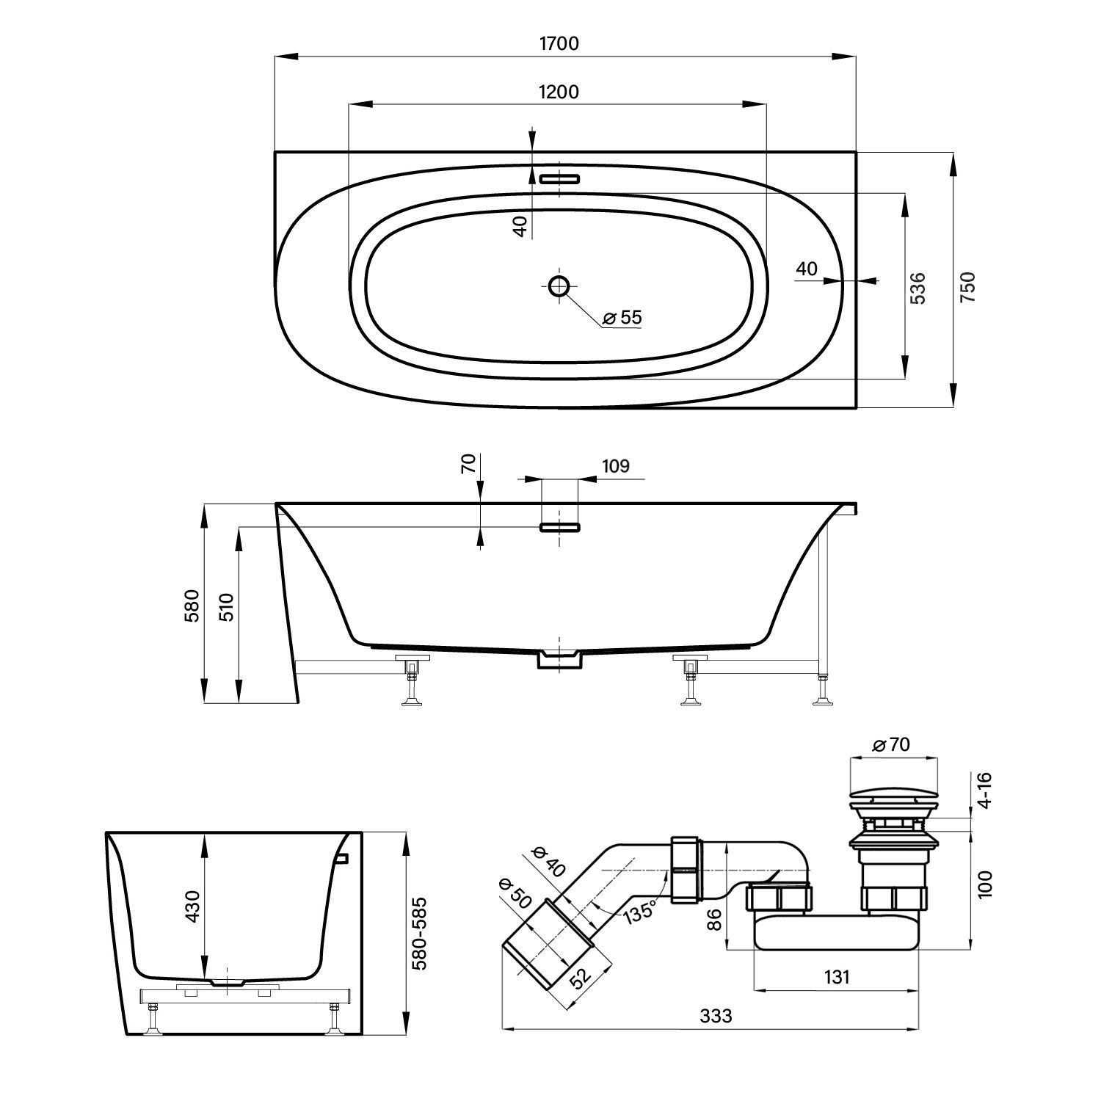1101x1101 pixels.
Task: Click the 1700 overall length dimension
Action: (x=559, y=43)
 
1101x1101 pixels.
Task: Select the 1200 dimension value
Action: (x=559, y=92)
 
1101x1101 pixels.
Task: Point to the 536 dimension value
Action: (x=918, y=287)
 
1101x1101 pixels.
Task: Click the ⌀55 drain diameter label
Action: (x=622, y=317)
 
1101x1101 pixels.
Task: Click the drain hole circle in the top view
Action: (x=559, y=286)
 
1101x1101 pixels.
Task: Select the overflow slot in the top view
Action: (x=559, y=178)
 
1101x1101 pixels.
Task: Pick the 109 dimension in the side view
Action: (x=614, y=466)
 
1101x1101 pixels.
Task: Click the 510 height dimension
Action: (x=227, y=607)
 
